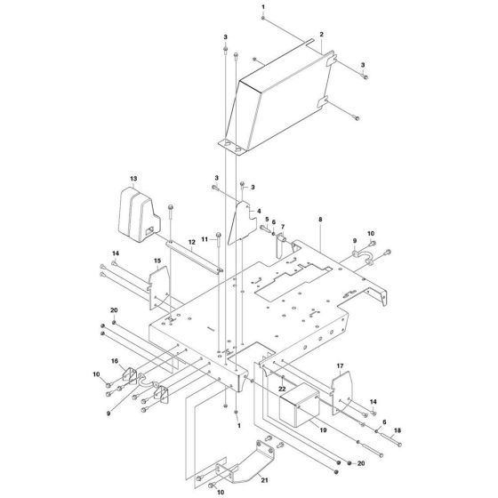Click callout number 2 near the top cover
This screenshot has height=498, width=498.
click(x=321, y=34)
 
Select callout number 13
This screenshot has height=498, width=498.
click(x=134, y=179)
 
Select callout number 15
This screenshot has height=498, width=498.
click(x=157, y=261)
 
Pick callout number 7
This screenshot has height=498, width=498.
click(x=284, y=227)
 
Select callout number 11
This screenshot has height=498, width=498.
click(x=204, y=239)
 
